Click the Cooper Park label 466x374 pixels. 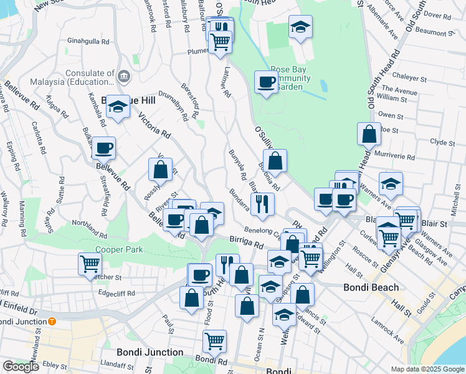[x=119, y=250]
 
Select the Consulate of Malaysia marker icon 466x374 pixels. [x=123, y=77]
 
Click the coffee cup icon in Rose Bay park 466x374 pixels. [x=266, y=82]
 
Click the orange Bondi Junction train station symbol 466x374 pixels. [x=52, y=322]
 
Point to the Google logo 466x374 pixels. [x=21, y=367]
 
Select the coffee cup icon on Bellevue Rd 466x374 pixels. [x=103, y=148]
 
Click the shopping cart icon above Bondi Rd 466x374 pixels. [x=214, y=340]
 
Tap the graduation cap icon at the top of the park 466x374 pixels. [x=300, y=26]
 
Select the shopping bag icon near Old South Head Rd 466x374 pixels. [x=369, y=133]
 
